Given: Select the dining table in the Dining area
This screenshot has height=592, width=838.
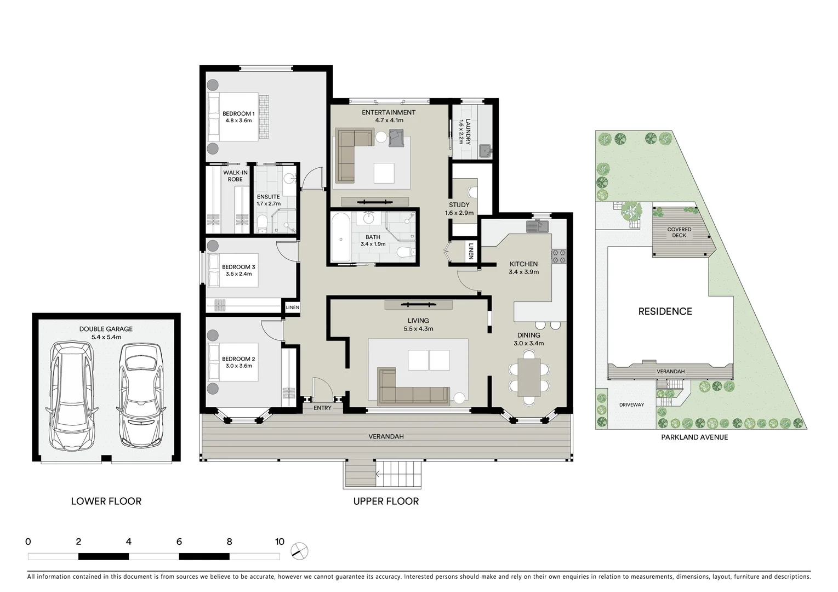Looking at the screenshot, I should tap(529, 377).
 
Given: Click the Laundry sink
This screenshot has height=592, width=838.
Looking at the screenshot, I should tap(484, 150).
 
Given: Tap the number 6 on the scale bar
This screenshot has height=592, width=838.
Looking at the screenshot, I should tap(179, 542).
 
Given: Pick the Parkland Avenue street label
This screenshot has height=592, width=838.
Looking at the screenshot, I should tap(694, 437).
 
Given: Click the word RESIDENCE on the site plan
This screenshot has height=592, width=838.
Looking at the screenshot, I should tap(665, 311).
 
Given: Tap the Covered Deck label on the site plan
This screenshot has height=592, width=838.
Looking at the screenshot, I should tap(679, 232).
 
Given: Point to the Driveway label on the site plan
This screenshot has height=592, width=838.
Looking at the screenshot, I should tap(631, 405).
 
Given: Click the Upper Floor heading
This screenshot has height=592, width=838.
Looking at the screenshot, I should tap(386, 501).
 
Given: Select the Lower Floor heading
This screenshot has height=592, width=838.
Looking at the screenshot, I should tap(106, 501).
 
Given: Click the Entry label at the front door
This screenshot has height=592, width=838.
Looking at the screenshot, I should tap(322, 408).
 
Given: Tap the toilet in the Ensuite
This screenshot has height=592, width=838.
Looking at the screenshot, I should tap(263, 222).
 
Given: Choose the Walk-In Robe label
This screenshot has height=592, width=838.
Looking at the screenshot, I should tap(235, 176).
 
